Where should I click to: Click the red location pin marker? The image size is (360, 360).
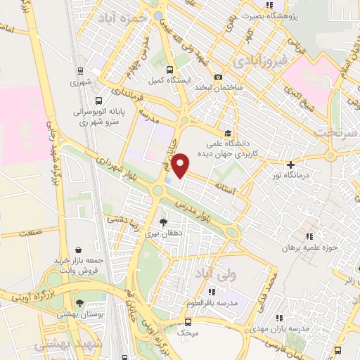(x=181, y=165)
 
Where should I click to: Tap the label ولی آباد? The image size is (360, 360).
(x=210, y=272)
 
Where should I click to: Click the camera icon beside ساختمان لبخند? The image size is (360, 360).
(x=219, y=77)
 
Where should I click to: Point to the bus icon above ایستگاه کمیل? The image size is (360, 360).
(x=169, y=69)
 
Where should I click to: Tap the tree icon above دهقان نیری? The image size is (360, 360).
(x=163, y=221)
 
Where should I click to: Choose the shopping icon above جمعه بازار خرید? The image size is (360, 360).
(x=79, y=250)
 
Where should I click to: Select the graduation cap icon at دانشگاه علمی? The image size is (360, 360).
(x=228, y=132)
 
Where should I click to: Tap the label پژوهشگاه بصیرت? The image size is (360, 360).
(x=268, y=15)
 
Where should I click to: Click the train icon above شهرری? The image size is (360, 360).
(x=81, y=71)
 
